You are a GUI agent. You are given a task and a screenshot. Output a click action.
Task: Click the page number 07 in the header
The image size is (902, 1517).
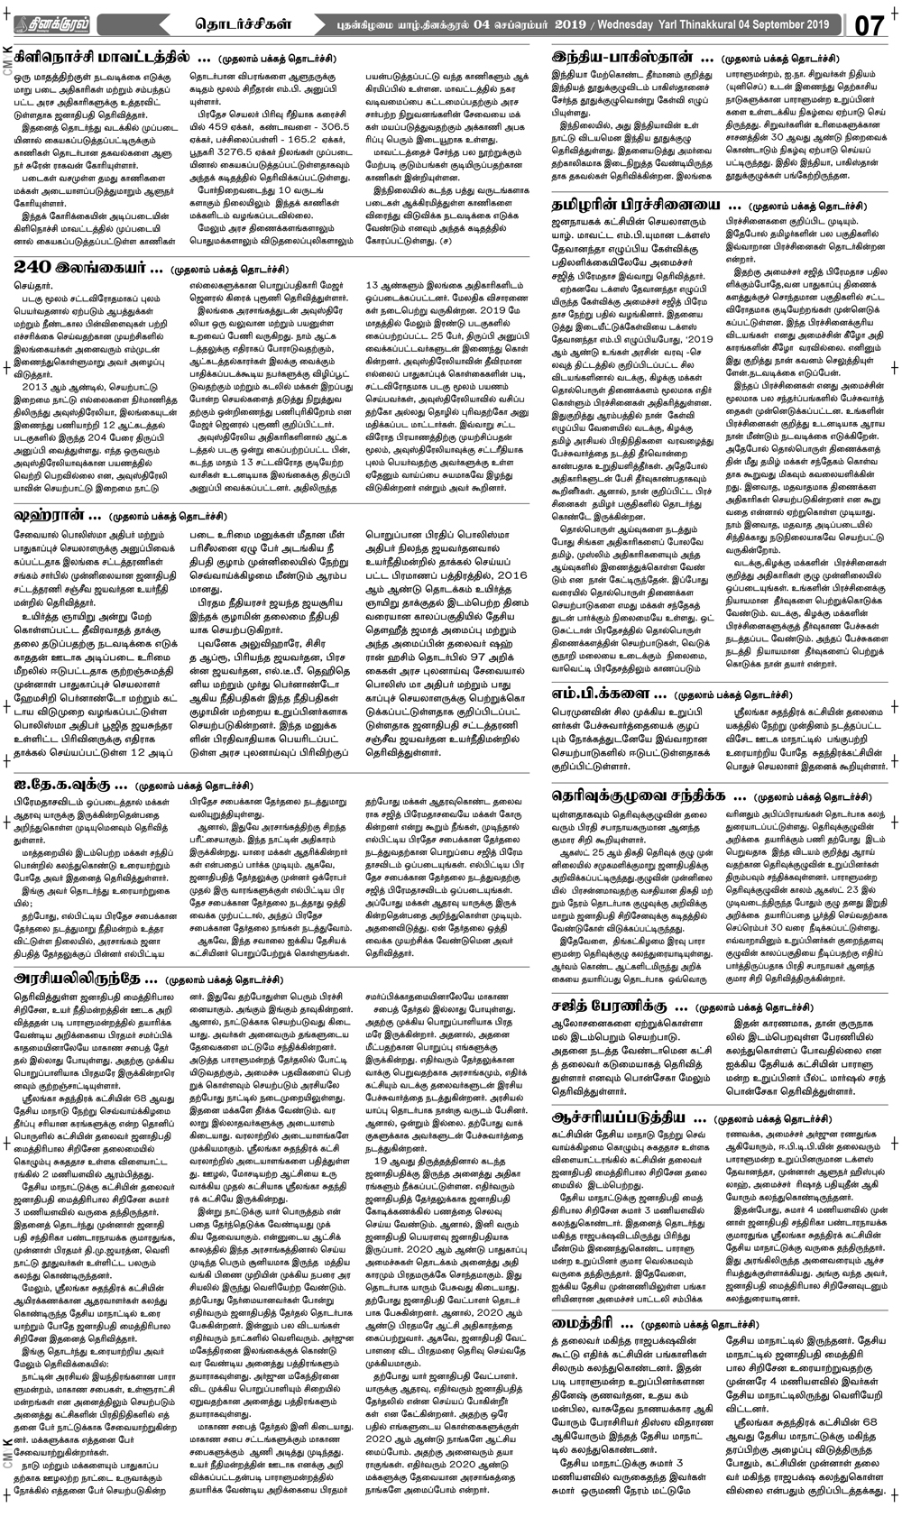(868, 24)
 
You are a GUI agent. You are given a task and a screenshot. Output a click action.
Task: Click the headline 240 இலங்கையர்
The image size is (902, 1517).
(87, 268)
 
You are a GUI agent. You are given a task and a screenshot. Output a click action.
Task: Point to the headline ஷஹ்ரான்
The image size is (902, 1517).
(56, 516)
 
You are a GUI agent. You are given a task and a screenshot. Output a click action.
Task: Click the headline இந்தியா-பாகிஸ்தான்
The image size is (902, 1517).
(631, 58)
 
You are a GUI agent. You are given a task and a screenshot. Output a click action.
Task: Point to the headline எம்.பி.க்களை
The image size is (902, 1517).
(609, 694)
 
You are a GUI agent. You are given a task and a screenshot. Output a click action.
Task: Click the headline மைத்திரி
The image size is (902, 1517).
(592, 1324)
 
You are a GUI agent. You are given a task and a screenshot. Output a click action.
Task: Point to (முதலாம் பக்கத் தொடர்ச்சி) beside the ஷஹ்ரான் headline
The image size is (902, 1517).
(167, 517)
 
